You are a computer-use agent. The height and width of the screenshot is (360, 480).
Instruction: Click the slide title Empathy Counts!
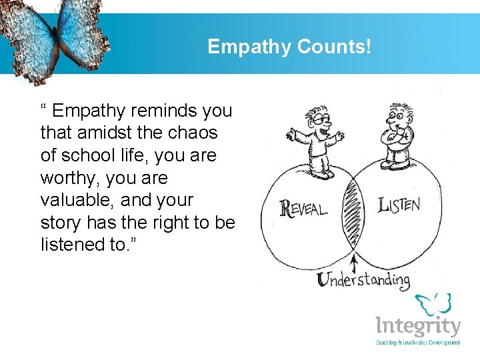(x=289, y=46)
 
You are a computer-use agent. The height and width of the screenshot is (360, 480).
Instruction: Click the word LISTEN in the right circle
(x=399, y=205)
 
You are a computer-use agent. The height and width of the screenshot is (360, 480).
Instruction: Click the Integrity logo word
(x=418, y=327)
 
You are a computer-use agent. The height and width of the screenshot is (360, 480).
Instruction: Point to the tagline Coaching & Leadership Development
(x=418, y=343)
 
